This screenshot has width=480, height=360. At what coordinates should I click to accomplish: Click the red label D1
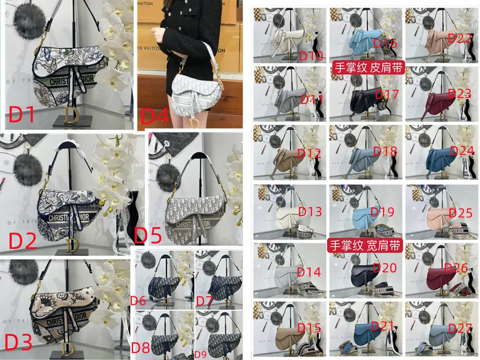click(22, 114)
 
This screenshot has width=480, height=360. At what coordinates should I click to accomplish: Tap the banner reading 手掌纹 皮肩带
click(368, 67)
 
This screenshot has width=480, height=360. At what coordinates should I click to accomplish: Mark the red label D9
click(201, 354)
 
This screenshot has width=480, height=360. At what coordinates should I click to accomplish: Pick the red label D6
click(138, 301)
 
